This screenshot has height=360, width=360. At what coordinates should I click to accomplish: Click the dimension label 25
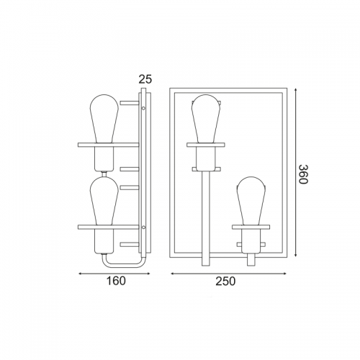(145, 79)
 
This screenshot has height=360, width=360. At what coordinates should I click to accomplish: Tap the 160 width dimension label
(116, 281)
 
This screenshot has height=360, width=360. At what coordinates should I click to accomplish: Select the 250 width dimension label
(225, 281)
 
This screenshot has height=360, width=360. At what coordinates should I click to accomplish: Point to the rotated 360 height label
(303, 174)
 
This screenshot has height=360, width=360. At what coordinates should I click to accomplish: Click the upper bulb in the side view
(104, 119)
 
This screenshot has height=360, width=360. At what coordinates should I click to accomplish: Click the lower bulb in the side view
(104, 201)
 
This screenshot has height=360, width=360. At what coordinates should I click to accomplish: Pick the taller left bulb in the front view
(206, 119)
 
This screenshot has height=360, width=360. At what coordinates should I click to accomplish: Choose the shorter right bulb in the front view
(251, 201)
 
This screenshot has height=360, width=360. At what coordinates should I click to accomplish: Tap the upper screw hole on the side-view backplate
(143, 108)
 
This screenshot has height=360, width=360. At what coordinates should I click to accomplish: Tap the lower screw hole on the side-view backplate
(143, 227)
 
